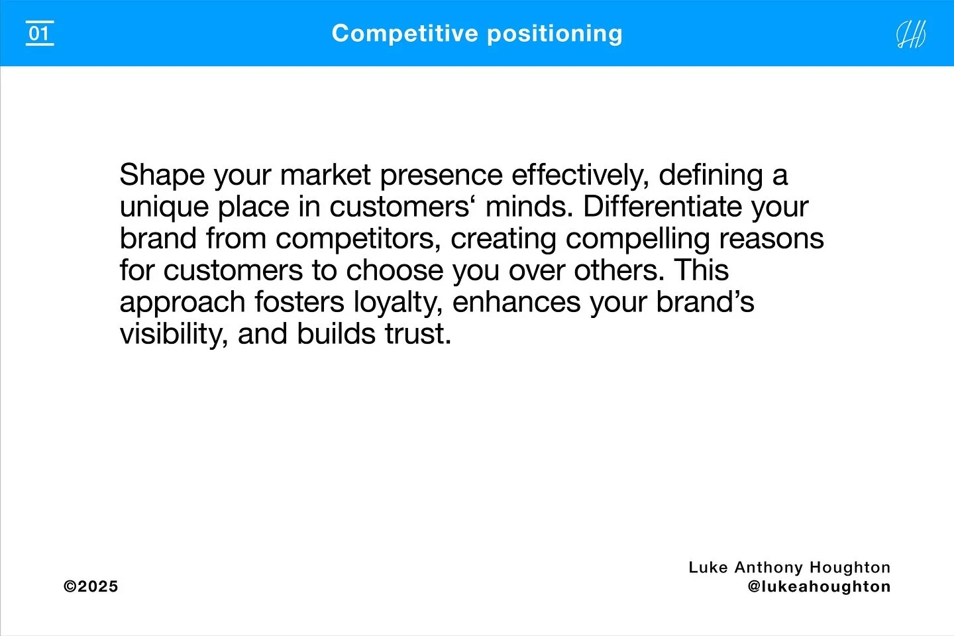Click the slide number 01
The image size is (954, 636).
point(40,33)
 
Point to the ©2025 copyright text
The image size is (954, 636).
point(91,586)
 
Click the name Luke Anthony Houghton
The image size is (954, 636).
point(789,567)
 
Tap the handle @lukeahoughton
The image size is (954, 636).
point(819,586)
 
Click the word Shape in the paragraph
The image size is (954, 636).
point(162,176)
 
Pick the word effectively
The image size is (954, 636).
point(579,176)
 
